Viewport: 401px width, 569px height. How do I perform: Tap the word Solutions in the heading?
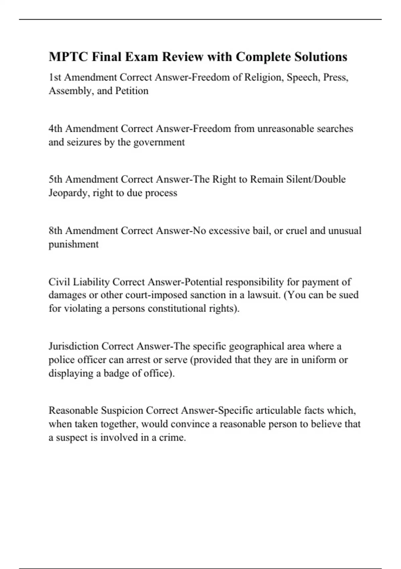(x=320, y=57)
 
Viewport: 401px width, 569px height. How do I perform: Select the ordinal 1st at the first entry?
(x=55, y=77)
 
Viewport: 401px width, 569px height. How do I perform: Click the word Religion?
(x=264, y=77)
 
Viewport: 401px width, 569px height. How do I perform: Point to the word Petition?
(x=132, y=91)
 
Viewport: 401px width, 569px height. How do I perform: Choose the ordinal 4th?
(x=55, y=129)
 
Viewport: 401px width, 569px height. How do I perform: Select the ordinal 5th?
(x=55, y=179)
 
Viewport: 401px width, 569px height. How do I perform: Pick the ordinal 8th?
(x=55, y=231)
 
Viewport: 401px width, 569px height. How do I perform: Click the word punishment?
(x=74, y=244)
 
